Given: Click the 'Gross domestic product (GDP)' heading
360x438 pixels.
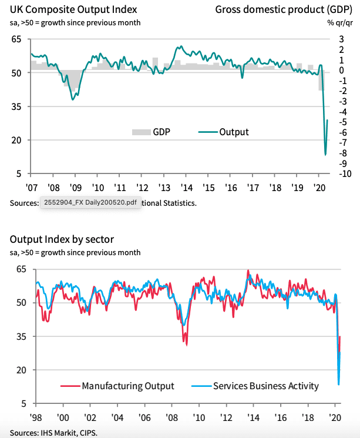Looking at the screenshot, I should point(284,9).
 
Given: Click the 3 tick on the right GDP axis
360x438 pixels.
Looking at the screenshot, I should point(341,39).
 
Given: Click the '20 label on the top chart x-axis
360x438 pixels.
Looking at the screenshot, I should point(321,189).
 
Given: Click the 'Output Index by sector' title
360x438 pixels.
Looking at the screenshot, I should point(62,239).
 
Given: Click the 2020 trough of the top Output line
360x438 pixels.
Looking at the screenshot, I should point(325,155).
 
